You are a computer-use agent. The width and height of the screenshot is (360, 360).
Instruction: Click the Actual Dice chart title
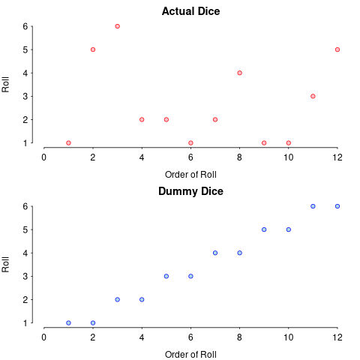[x=190, y=11]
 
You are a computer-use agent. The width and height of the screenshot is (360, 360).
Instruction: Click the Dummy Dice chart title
[x=190, y=191]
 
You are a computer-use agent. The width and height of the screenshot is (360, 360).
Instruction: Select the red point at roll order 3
[x=117, y=26]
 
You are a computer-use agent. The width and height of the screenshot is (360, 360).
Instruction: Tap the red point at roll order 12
[x=337, y=49]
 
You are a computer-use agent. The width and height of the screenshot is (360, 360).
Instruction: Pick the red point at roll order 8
[x=239, y=73]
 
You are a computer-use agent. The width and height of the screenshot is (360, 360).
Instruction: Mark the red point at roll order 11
[x=313, y=96]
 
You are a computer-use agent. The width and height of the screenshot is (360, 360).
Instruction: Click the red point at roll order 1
[x=68, y=143]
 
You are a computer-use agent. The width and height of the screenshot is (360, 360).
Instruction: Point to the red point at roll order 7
[x=215, y=119]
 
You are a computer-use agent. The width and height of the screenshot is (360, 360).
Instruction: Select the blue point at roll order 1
[x=68, y=323]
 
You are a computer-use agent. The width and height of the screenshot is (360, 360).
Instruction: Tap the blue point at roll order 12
[x=337, y=206]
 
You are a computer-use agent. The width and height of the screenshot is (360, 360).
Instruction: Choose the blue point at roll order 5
[x=166, y=276]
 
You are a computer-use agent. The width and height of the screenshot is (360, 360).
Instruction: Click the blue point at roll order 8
[x=239, y=253]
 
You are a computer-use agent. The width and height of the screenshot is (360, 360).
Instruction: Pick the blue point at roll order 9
[x=264, y=229]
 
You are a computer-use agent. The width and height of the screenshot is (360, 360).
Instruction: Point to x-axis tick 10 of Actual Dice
[x=288, y=157]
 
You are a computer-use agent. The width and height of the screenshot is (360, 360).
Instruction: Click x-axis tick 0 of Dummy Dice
[x=44, y=337]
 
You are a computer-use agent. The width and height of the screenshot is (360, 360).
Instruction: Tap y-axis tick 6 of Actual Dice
[x=25, y=26]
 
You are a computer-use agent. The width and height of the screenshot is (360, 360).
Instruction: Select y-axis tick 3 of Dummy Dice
[x=25, y=276]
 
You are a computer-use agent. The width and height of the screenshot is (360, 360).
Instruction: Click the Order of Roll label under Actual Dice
[x=190, y=175]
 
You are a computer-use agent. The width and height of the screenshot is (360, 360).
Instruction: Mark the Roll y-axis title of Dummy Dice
[x=5, y=265]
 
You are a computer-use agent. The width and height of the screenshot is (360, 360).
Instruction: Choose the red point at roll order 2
[x=93, y=49]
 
